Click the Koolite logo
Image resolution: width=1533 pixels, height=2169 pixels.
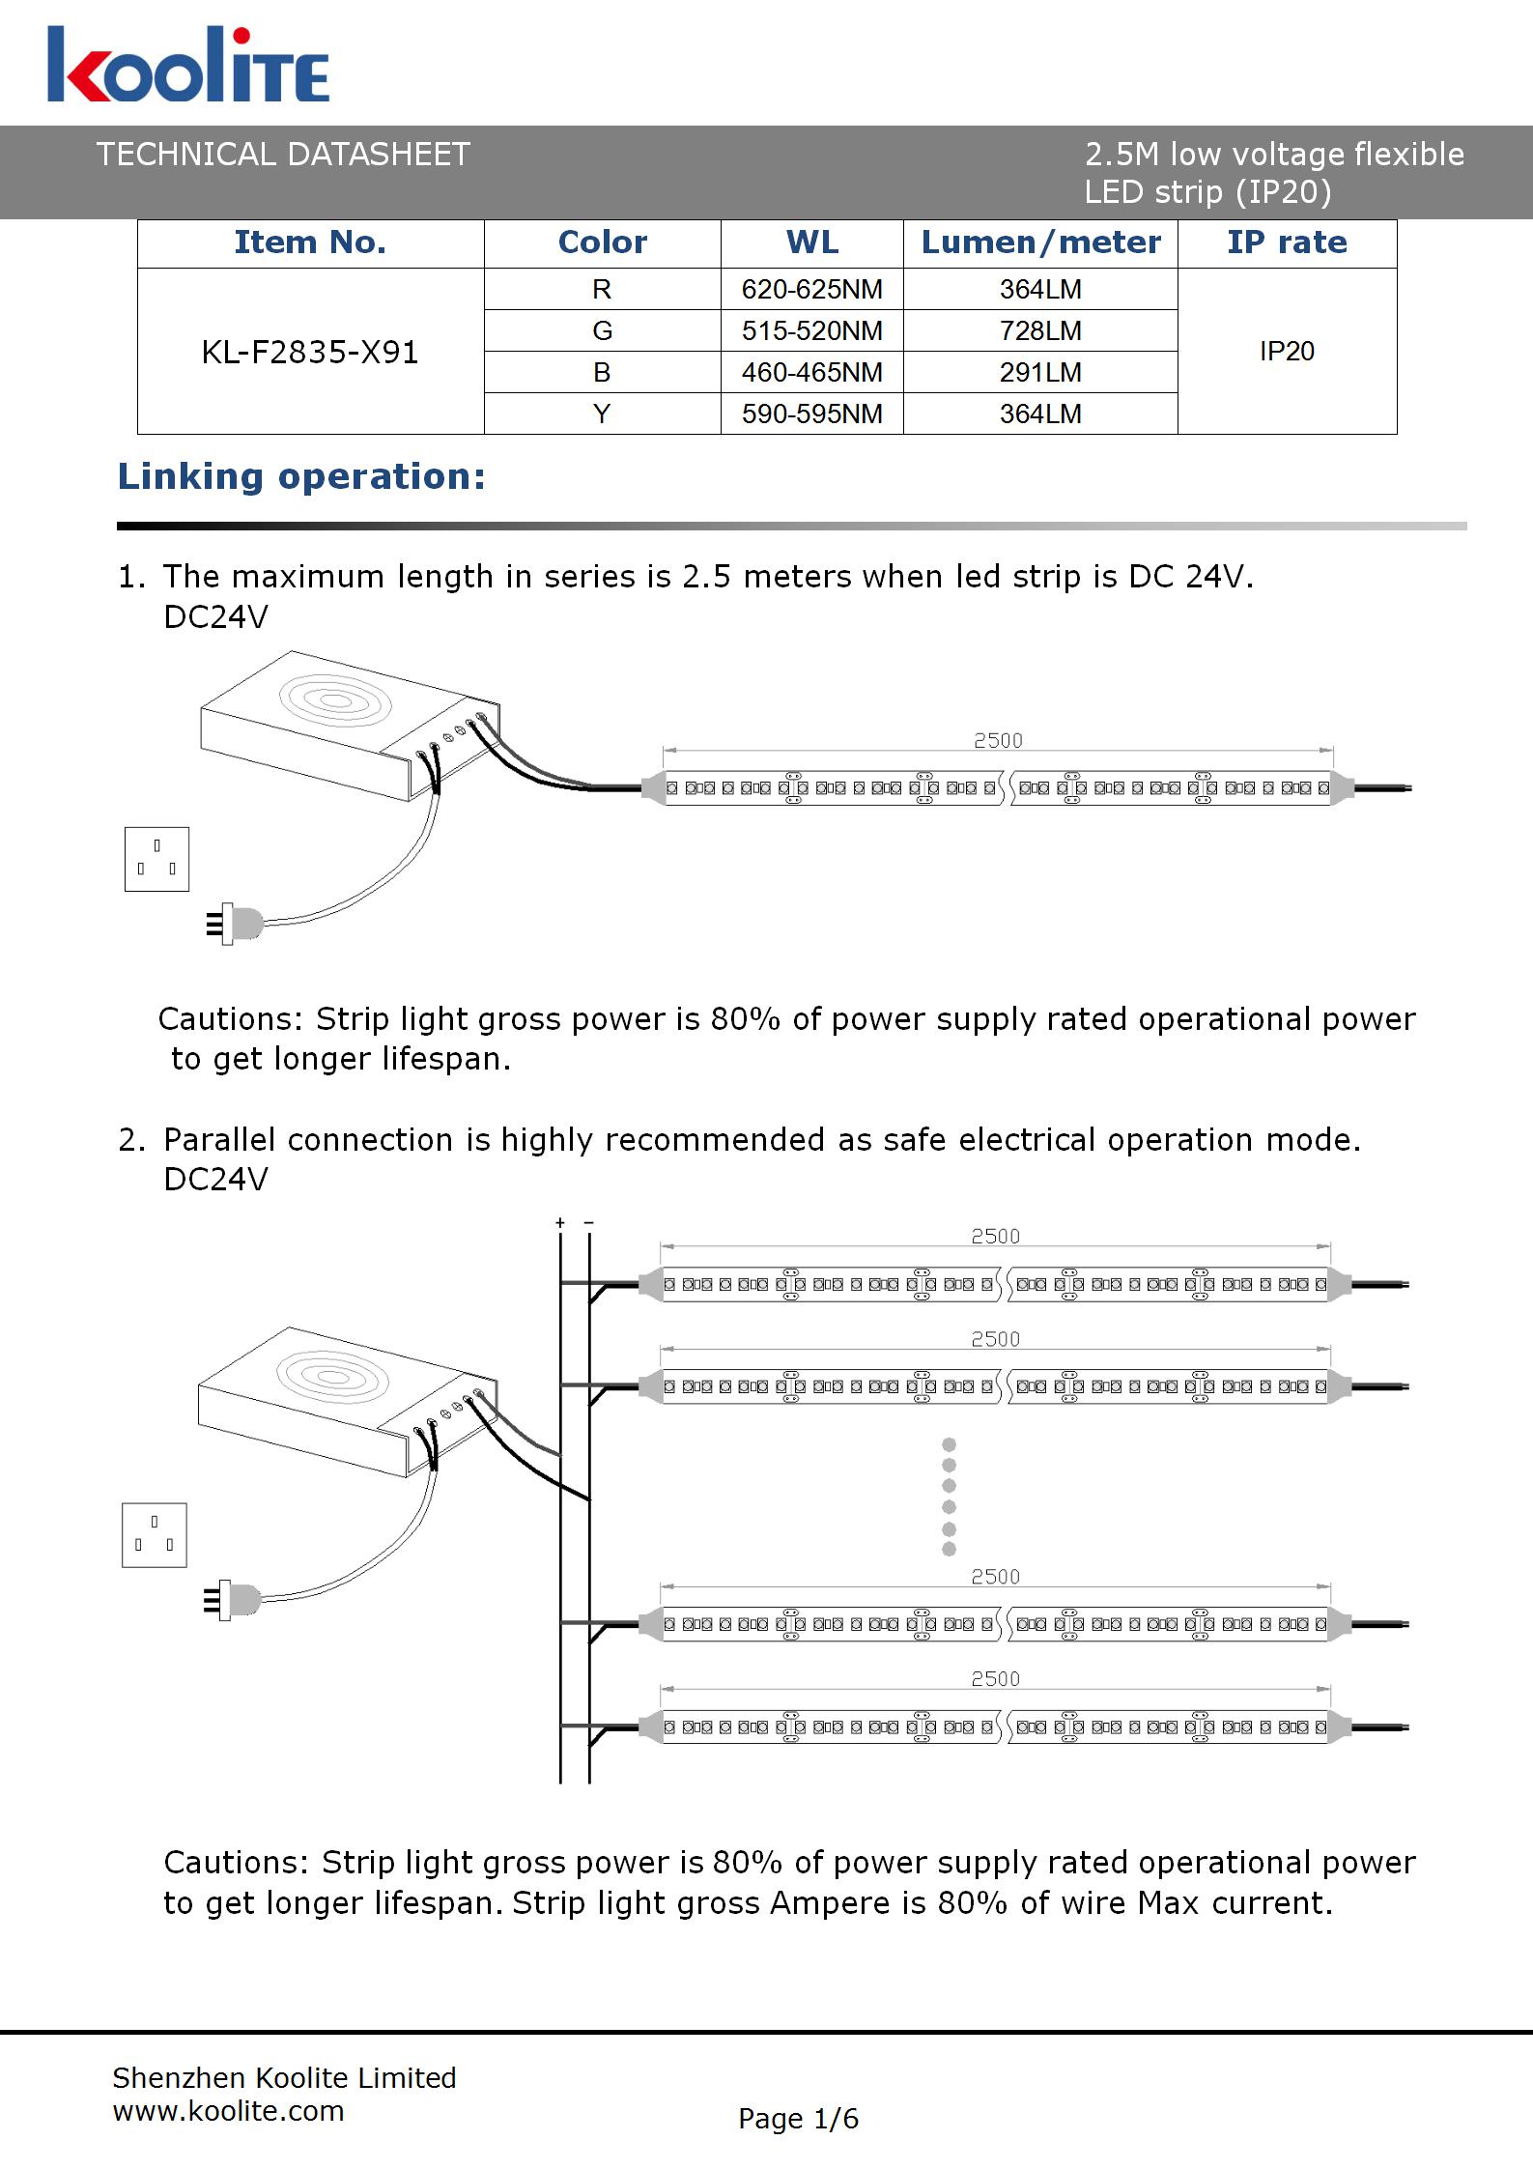(188, 66)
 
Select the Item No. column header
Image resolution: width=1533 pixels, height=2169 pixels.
(310, 243)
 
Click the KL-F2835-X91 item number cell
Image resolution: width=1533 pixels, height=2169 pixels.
(310, 352)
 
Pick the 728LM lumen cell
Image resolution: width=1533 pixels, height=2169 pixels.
(1040, 330)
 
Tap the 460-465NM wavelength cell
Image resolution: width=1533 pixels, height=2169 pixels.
(811, 372)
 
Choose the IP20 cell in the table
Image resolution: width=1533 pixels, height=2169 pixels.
(1287, 351)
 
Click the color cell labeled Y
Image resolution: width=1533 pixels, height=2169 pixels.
(602, 414)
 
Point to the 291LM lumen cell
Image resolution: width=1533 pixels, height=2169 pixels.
(1040, 372)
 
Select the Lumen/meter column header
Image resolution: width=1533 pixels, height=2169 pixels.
(1040, 243)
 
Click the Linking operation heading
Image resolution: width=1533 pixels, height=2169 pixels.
(301, 476)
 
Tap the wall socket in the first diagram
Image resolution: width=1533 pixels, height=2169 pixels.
(156, 859)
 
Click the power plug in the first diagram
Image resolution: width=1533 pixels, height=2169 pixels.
(236, 924)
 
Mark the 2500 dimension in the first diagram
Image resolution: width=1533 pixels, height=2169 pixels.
(998, 740)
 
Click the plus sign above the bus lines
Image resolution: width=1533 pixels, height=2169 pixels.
(560, 1223)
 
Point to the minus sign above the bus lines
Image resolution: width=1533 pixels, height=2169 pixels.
(589, 1223)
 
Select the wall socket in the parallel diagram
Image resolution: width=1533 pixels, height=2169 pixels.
(155, 1534)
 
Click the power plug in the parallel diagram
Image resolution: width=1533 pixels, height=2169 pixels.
(234, 1600)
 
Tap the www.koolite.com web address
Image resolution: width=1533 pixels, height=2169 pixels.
(229, 2111)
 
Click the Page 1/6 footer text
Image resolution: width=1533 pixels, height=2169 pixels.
(798, 2119)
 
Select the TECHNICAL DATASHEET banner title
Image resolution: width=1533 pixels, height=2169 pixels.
(283, 155)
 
